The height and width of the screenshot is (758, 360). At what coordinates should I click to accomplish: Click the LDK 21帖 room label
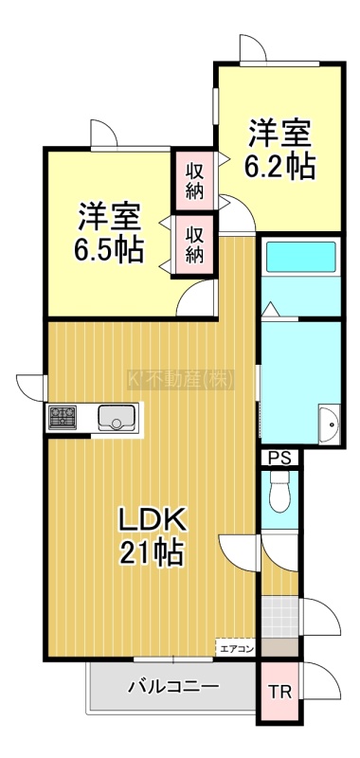(x=152, y=536)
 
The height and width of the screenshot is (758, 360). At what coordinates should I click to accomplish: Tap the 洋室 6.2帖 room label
(x=279, y=151)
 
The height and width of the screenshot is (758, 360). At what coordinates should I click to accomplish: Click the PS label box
(x=279, y=458)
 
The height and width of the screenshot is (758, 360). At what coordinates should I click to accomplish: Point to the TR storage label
(x=280, y=693)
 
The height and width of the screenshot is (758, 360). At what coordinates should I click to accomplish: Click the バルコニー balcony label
(x=173, y=686)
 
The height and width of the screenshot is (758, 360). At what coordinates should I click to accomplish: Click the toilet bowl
(x=279, y=490)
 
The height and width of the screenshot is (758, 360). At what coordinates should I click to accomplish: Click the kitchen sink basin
(x=117, y=417)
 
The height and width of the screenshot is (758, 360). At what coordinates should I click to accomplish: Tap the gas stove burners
(x=63, y=417)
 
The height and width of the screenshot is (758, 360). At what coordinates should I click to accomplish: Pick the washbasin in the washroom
(x=330, y=424)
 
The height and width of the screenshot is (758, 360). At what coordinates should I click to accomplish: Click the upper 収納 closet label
(x=195, y=182)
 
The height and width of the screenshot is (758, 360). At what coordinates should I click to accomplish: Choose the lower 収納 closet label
(x=195, y=245)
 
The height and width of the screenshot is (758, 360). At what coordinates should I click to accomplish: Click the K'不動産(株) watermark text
(x=181, y=380)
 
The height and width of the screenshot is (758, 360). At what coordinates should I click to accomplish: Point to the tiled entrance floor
(x=279, y=617)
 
